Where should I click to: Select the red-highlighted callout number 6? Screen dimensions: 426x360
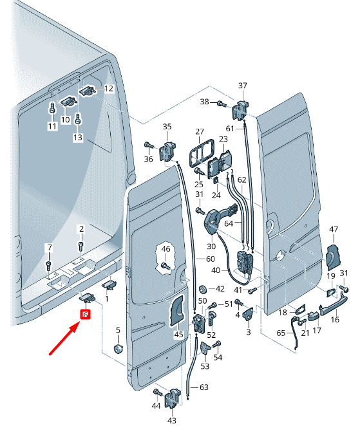pyautogui.click(x=84, y=314)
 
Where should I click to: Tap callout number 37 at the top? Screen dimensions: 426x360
pyautogui.click(x=243, y=86)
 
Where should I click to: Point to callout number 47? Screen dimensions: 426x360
pyautogui.click(x=334, y=229)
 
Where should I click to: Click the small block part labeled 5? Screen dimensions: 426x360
pyautogui.click(x=118, y=349)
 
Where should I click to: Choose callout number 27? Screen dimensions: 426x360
pyautogui.click(x=199, y=131)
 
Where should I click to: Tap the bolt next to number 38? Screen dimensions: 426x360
pyautogui.click(x=222, y=102)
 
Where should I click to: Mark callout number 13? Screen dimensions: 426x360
pyautogui.click(x=78, y=138)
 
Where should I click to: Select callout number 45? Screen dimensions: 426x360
pyautogui.click(x=178, y=334)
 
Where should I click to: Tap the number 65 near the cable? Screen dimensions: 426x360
pyautogui.click(x=280, y=333)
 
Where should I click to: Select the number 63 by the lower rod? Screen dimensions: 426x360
pyautogui.click(x=204, y=387)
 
